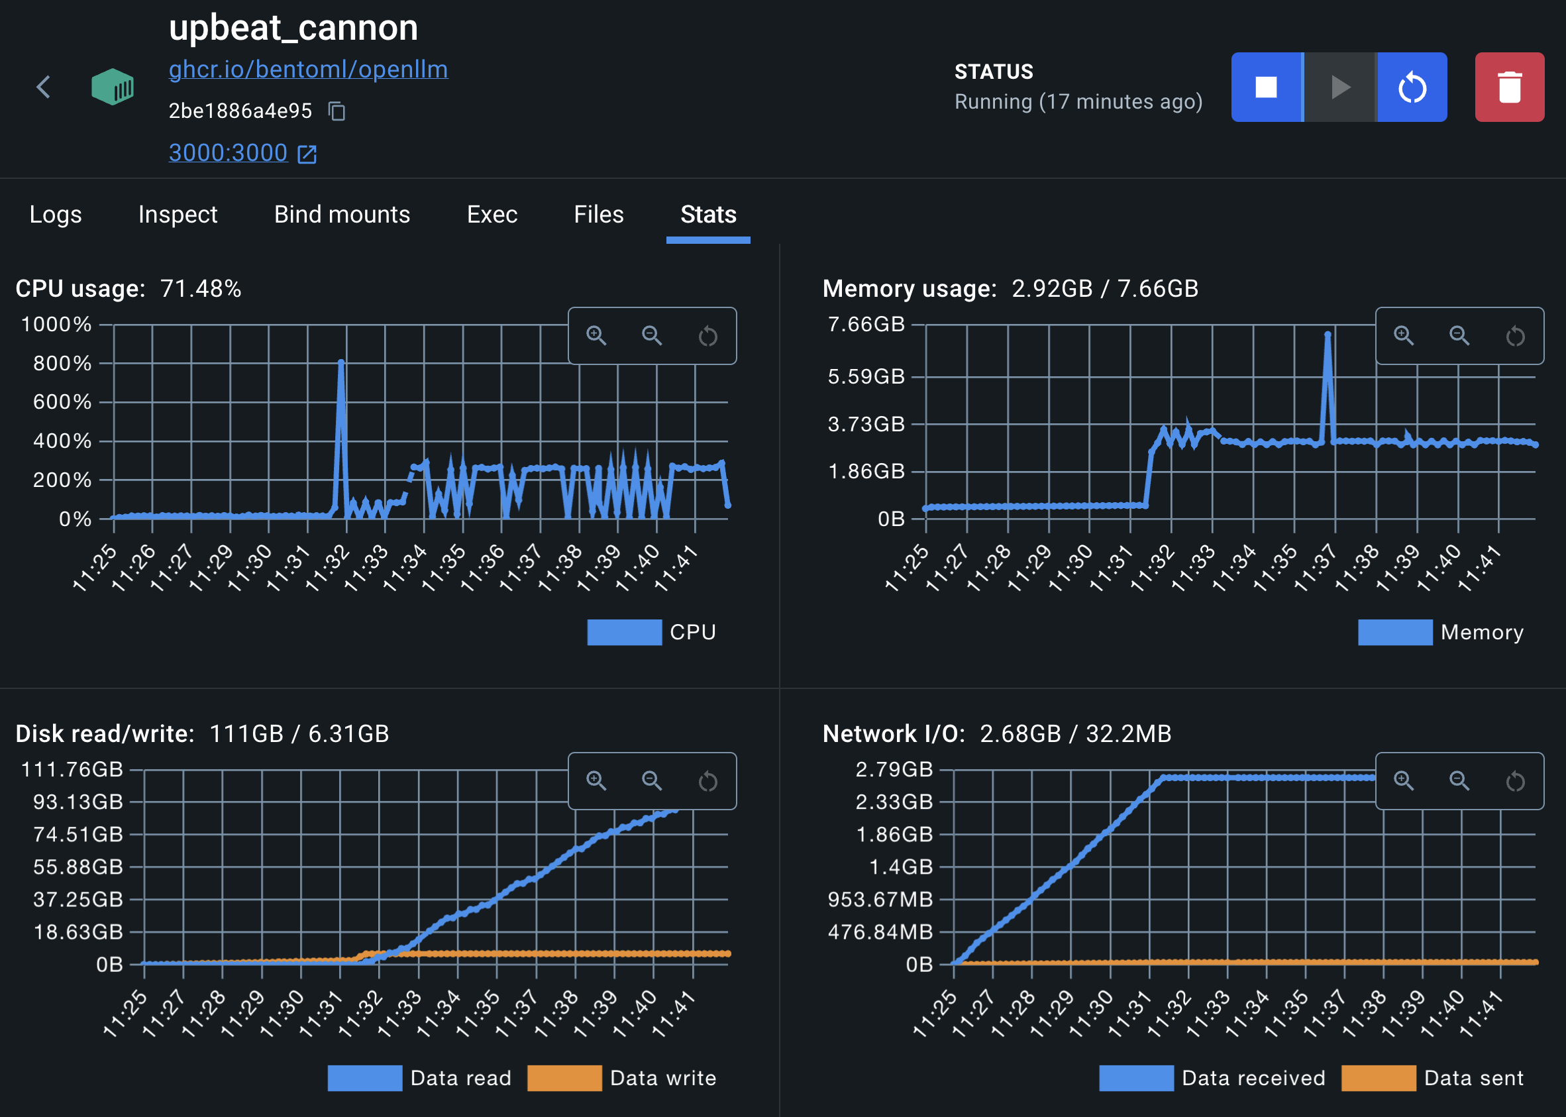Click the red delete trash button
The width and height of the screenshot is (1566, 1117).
pyautogui.click(x=1509, y=87)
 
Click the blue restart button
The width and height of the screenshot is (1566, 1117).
pyautogui.click(x=1412, y=87)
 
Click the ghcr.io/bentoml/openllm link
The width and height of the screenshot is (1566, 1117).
pyautogui.click(x=308, y=70)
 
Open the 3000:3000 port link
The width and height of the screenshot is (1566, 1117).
pyautogui.click(x=229, y=152)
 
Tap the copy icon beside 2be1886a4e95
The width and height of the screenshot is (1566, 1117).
pyautogui.click(x=337, y=111)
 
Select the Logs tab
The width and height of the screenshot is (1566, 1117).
pyautogui.click(x=56, y=215)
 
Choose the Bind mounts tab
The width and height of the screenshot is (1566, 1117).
pyautogui.click(x=342, y=215)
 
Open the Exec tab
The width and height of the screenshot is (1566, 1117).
pyautogui.click(x=492, y=215)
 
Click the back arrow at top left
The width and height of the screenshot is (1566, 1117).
pyautogui.click(x=43, y=87)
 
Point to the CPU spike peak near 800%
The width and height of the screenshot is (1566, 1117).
pyautogui.click(x=341, y=362)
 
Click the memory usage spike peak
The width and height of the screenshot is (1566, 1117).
pyautogui.click(x=1328, y=335)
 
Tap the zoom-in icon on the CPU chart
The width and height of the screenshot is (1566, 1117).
pyautogui.click(x=596, y=336)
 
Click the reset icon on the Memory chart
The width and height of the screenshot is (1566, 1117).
pyautogui.click(x=1515, y=336)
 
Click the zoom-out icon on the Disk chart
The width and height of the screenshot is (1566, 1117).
pyautogui.click(x=652, y=780)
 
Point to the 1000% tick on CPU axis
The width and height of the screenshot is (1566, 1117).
pyautogui.click(x=56, y=325)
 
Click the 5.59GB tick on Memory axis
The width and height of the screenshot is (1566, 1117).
pyautogui.click(x=866, y=377)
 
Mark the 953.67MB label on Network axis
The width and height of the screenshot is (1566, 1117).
pyautogui.click(x=880, y=900)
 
